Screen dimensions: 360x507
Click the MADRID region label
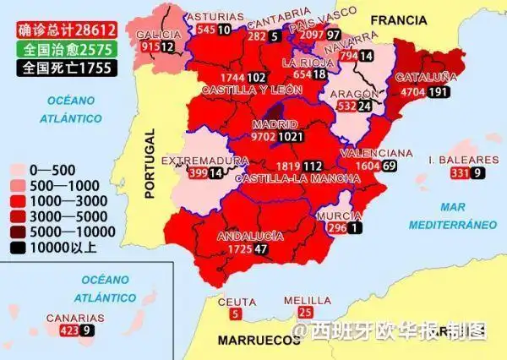pos(273,123)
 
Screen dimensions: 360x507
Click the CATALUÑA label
pos(427,78)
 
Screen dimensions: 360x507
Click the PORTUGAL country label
pos(151,163)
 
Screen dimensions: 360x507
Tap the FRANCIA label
pos(399,19)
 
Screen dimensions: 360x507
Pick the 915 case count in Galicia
pos(150,47)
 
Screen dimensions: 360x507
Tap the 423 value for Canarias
pos(69,330)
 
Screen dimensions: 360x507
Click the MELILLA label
pos(301,300)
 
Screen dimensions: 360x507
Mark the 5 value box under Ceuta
pos(235,314)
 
